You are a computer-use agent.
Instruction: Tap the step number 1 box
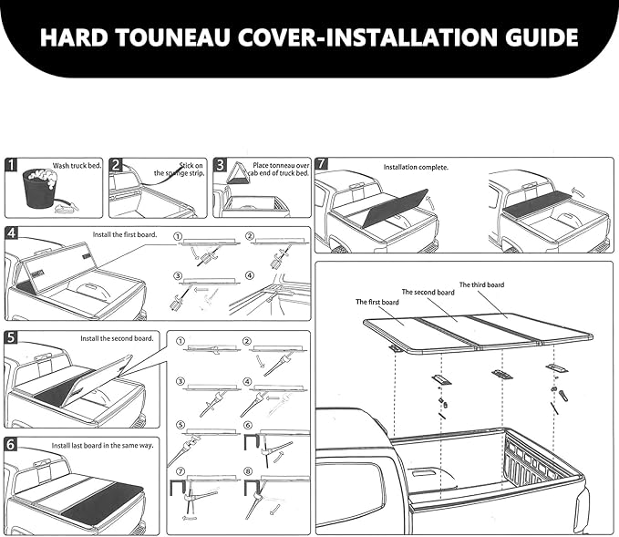12,165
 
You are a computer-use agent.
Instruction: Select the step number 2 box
116,165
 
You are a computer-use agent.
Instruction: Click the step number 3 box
221,165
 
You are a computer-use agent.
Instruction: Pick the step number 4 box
12,233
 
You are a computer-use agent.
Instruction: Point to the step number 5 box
12,337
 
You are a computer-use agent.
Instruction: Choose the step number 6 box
12,445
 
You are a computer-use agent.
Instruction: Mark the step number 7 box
322,165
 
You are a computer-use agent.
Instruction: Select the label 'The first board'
377,301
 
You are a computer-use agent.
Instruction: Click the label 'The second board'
428,293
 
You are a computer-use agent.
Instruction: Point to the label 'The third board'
480,284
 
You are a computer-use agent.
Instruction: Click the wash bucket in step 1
36,190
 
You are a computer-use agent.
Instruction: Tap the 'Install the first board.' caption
124,234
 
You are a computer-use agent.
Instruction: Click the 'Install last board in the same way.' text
102,446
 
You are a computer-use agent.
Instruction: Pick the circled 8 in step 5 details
248,471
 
